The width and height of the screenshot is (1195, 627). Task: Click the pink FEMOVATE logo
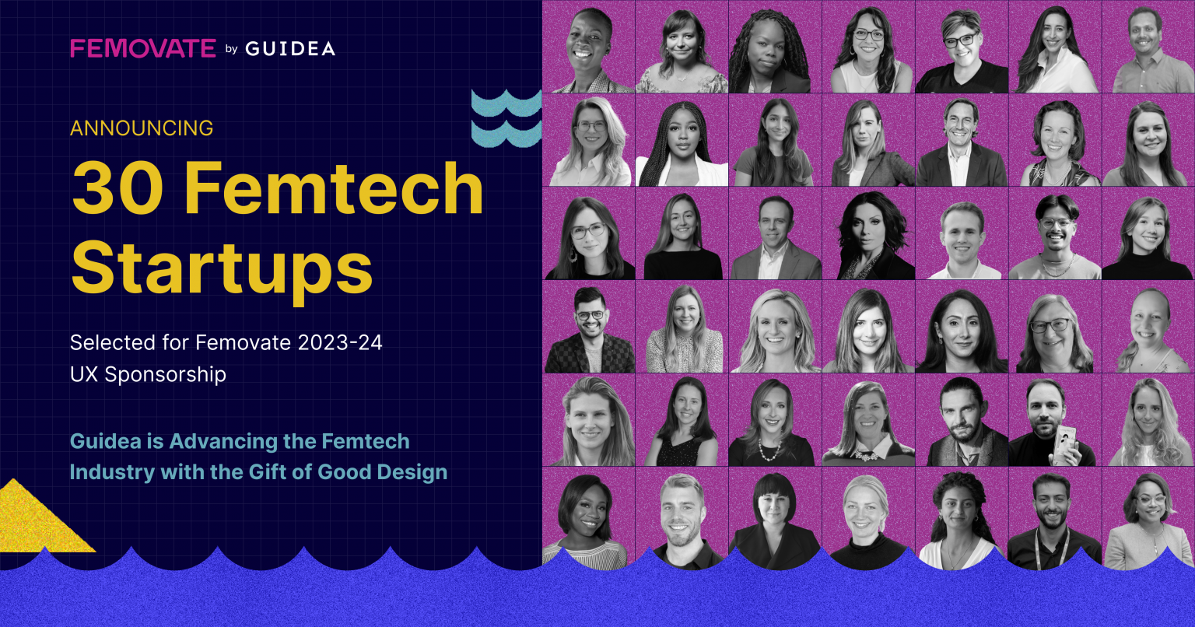[143, 48]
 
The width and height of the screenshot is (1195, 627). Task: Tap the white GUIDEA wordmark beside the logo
[290, 49]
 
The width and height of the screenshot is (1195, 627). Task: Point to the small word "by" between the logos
[230, 50]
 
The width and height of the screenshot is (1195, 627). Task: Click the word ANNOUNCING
[142, 128]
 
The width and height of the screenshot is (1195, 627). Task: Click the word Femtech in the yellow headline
[334, 189]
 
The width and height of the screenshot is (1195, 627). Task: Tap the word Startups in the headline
[222, 267]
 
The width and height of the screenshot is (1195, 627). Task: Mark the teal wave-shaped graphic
[506, 117]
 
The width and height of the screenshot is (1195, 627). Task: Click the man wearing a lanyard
[1054, 517]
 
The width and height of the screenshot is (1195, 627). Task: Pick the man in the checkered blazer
[589, 330]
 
